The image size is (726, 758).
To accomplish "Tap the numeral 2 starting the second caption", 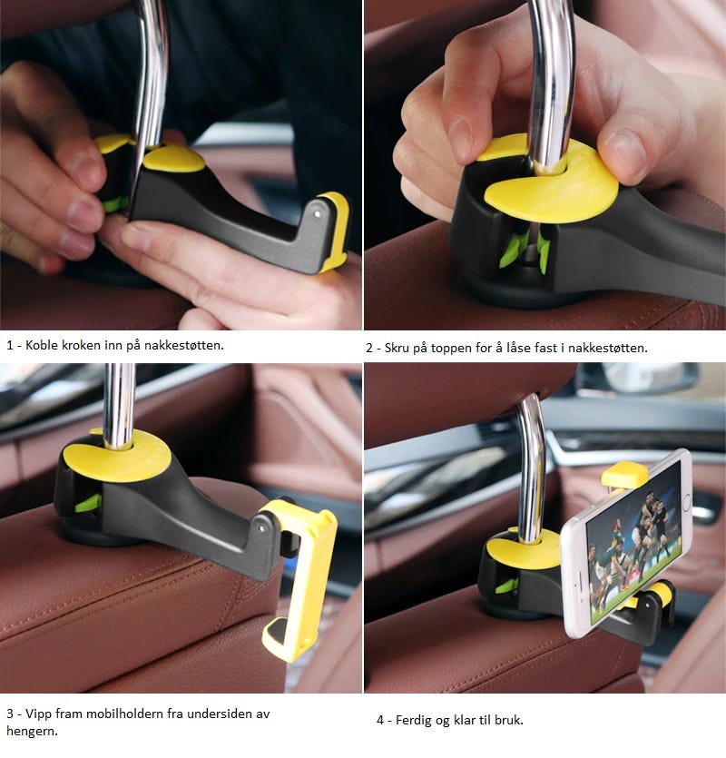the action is (369, 348).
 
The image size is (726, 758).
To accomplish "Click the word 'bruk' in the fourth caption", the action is (508, 720).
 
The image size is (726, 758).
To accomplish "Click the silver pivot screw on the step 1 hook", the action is (317, 213).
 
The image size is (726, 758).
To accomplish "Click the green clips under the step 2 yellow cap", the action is (525, 249).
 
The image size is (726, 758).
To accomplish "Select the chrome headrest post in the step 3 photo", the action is (119, 406).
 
